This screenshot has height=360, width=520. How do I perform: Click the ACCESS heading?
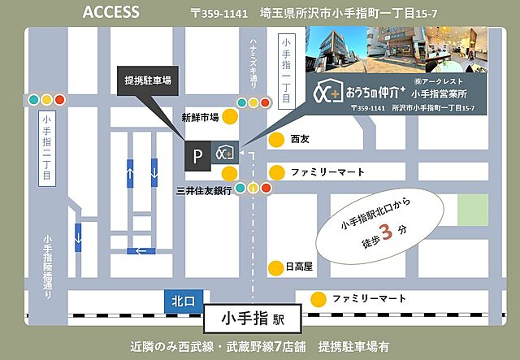(x=110, y=13)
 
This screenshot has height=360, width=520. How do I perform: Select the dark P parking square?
(x=197, y=153)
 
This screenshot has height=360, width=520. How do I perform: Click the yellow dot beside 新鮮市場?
(x=231, y=117)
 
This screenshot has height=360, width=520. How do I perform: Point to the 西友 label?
(x=301, y=139)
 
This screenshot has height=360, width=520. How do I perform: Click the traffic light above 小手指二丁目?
(x=46, y=100)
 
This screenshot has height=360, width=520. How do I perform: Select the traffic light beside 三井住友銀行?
(x=253, y=189)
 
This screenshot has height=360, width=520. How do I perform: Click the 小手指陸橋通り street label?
(x=50, y=268)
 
